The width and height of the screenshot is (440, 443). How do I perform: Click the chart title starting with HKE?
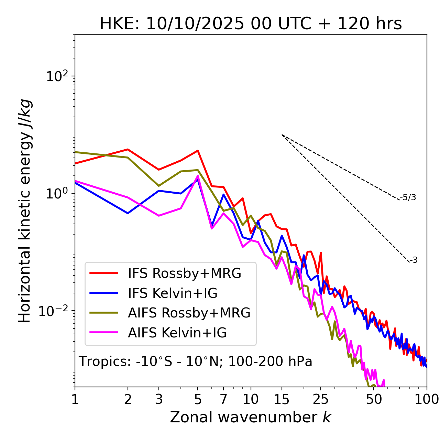[x=251, y=24]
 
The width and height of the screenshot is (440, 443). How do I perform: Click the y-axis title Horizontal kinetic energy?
[x=25, y=211]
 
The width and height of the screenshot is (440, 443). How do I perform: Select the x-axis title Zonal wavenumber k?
[x=251, y=417]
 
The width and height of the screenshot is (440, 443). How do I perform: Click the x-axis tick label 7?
[x=223, y=399]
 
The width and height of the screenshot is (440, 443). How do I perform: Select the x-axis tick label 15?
[x=282, y=399]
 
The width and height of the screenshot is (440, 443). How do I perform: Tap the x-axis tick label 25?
[x=321, y=399]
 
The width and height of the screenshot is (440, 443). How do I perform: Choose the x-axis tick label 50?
[x=374, y=399]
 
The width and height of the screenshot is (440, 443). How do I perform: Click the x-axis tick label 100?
[x=427, y=399]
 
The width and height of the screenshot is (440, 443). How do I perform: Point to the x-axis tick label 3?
[x=159, y=399]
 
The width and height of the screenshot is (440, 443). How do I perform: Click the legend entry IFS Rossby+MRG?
[x=185, y=273]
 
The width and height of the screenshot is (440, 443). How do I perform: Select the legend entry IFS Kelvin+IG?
[x=173, y=293]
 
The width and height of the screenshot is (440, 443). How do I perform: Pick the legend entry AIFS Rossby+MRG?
[x=189, y=313]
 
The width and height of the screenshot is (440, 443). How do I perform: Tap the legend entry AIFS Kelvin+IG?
[x=177, y=333]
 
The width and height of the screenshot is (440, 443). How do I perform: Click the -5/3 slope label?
[x=408, y=198]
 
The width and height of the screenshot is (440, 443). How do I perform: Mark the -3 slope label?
[x=414, y=260]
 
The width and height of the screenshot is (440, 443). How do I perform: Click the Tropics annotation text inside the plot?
[x=195, y=361]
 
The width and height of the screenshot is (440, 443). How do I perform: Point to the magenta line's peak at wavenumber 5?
[x=198, y=176]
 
